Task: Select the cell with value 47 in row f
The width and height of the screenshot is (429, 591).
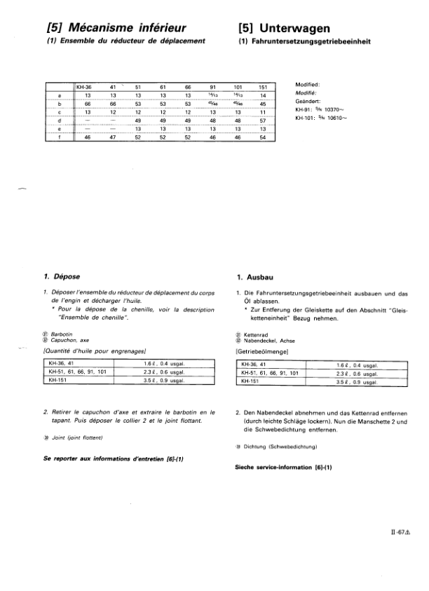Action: pos(112,137)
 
